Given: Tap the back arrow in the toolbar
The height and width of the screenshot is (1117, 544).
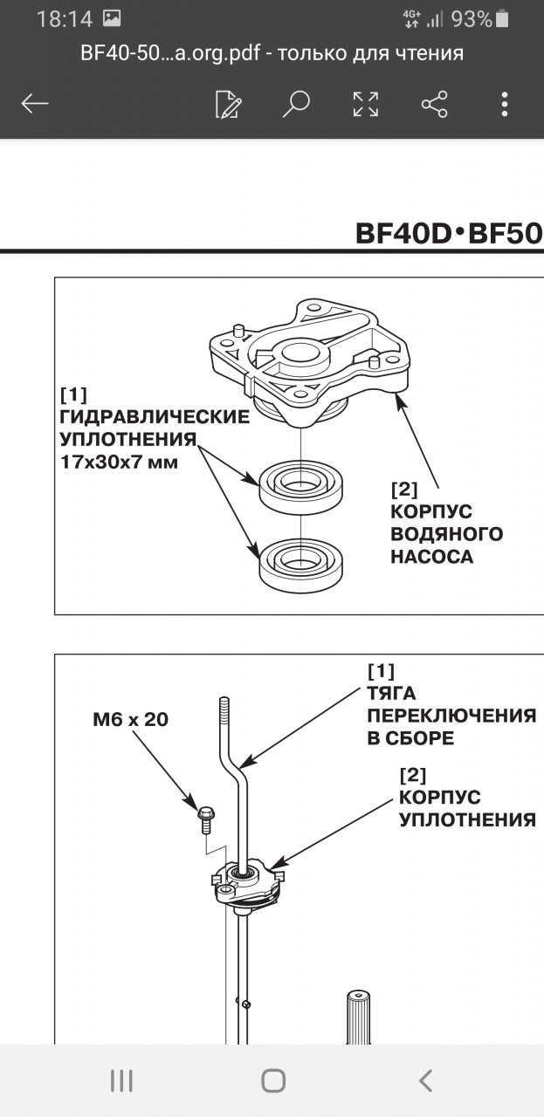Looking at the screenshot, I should tap(35, 104).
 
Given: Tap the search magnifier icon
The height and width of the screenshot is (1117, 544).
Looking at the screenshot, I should tap(297, 104).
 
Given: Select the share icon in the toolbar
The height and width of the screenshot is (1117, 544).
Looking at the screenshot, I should tap(434, 104).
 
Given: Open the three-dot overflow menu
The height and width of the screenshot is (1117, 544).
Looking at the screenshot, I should tap(505, 104).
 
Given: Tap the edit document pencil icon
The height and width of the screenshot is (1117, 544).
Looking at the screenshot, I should tap(228, 104).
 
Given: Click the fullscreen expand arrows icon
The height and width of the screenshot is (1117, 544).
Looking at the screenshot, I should tap(366, 104).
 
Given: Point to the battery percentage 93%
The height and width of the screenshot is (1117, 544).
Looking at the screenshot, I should tap(472, 18).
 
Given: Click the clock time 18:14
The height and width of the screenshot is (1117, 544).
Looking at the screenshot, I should tap(64, 19).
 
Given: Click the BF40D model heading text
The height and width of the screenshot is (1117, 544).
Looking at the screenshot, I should tap(408, 234).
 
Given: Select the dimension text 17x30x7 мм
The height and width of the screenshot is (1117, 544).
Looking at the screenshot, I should tap(119, 462).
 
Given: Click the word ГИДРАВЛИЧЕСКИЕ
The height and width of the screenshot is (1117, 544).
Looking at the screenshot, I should tap(154, 416).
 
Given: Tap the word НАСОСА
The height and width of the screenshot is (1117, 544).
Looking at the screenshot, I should tap(431, 558).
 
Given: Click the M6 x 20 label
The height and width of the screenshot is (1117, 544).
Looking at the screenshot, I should tap(130, 720).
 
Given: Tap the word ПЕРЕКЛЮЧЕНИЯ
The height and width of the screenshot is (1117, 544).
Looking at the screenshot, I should tap(451, 716).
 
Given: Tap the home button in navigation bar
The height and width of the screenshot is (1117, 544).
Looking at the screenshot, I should tap(273, 1081).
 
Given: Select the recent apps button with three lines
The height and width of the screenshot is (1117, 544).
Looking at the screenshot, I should tap(121, 1081).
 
